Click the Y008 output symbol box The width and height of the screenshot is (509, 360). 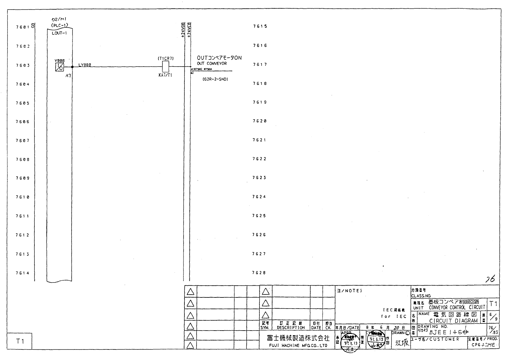[60, 67]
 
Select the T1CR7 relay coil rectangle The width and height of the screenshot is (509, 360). [166, 66]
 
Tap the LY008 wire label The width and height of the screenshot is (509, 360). [85, 65]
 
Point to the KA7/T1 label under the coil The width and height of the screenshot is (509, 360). [165, 75]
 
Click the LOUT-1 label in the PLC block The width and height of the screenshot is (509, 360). [59, 33]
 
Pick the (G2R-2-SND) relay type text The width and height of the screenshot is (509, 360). [215, 79]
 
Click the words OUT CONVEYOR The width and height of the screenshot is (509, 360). [212, 64]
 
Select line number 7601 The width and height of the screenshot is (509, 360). [23, 27]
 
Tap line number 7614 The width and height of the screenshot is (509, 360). [23, 273]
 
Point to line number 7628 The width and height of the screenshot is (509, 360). [259, 273]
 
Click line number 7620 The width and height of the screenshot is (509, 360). [259, 121]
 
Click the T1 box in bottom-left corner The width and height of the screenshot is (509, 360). [20, 341]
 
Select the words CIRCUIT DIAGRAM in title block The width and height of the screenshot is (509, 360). [453, 321]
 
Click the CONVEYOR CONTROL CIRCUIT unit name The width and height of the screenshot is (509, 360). [457, 308]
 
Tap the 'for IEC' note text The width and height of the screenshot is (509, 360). [394, 316]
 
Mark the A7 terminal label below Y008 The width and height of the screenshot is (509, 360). [68, 75]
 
